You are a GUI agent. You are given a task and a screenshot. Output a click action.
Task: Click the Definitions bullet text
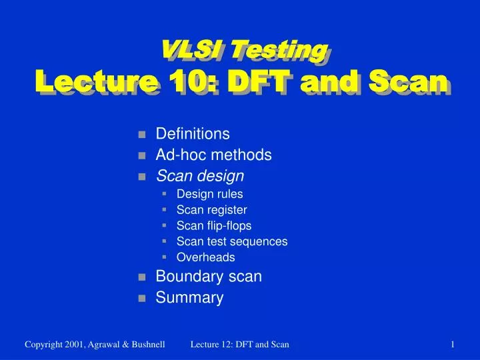point(193,134)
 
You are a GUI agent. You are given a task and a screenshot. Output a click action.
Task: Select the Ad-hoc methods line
point(213,155)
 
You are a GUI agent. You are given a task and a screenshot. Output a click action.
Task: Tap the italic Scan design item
point(200,176)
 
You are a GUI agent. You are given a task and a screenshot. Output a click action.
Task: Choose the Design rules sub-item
point(209,195)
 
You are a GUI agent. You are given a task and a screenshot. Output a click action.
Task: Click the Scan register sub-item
point(211,210)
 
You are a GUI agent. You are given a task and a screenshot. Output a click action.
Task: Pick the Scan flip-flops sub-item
point(213,225)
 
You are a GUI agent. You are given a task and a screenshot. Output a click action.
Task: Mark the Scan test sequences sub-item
point(231,241)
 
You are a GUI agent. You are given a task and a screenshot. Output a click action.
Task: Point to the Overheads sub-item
point(205,257)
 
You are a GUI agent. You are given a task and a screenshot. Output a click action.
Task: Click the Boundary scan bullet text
point(209,277)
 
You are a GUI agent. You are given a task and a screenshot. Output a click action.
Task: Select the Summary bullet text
point(189,298)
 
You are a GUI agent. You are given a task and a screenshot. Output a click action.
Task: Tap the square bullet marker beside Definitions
point(142,135)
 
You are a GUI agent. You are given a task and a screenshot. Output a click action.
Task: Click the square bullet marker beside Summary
point(142,299)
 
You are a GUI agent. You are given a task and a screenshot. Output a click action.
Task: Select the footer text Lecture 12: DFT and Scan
point(239,344)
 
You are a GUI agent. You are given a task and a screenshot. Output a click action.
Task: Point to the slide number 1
point(452,344)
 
